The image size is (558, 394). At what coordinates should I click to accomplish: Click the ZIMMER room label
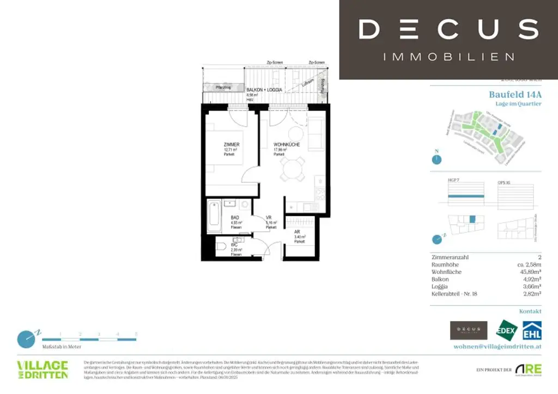232,144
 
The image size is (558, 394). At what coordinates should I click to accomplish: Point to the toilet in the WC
221,247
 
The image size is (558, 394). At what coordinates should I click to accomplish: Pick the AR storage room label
296,231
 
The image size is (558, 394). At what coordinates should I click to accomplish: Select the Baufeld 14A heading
515,94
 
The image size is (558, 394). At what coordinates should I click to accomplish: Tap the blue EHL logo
531,330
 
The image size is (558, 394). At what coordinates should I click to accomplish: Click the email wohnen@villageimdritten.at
497,346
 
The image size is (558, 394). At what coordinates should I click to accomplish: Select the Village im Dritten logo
43,369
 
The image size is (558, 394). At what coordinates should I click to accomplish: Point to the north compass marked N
435,158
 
